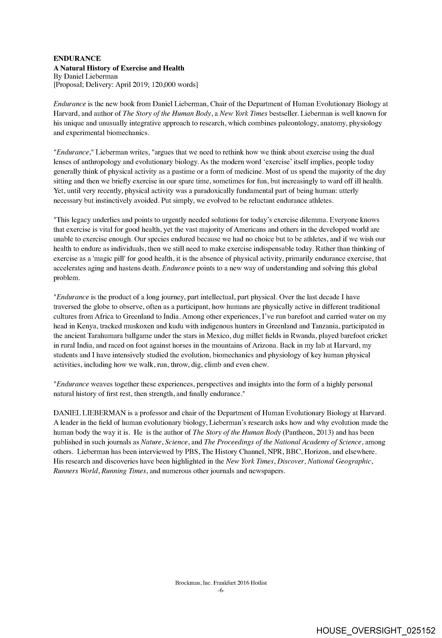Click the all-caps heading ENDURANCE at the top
[x=77, y=59]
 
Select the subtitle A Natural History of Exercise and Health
[x=119, y=68]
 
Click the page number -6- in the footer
[x=221, y=591]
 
